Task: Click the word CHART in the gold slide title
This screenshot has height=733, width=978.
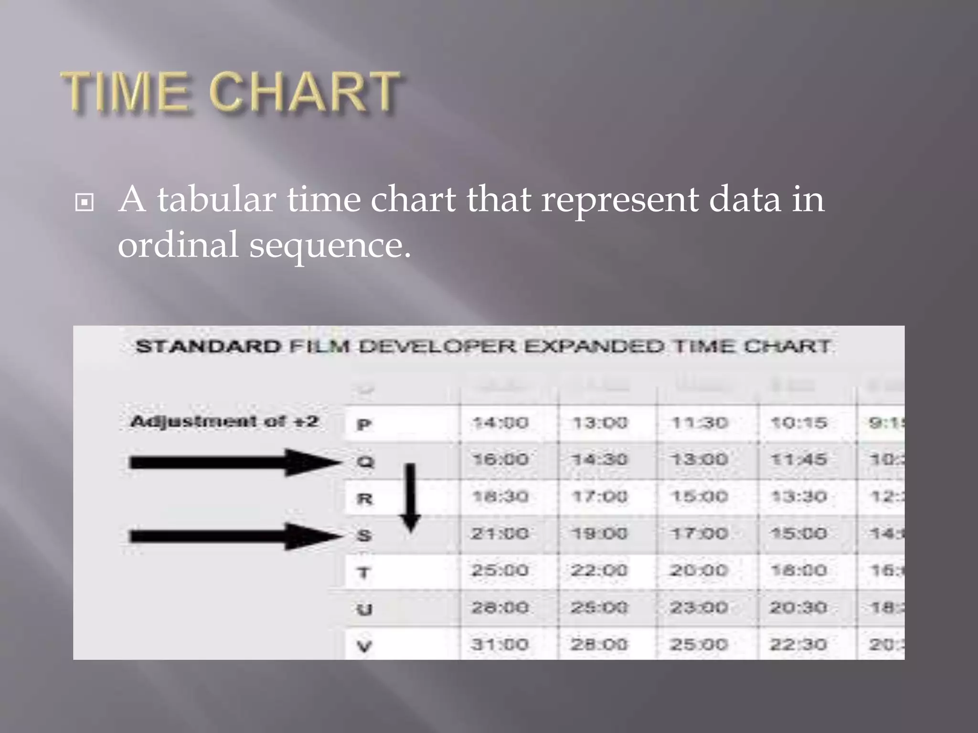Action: [x=304, y=92]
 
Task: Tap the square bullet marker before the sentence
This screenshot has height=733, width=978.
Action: [x=85, y=202]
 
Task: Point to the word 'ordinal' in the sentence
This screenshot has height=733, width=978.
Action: [x=178, y=245]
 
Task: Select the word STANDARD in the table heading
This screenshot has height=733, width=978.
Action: [x=208, y=346]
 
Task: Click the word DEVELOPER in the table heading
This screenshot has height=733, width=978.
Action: [x=437, y=346]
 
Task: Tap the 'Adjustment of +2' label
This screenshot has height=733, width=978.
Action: [x=224, y=422]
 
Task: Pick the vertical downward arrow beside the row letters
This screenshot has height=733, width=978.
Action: [x=410, y=497]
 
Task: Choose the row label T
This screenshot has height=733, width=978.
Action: [x=364, y=572]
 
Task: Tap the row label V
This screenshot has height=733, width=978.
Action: [x=364, y=647]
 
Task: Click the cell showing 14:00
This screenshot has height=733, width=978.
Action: [x=500, y=423]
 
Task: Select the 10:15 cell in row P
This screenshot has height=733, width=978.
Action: [x=798, y=423]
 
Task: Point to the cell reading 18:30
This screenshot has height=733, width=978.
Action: [x=500, y=497]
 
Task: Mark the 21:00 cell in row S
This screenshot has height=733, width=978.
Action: [x=500, y=534]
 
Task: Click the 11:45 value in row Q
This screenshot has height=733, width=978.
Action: [x=798, y=460]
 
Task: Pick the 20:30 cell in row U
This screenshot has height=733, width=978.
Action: [x=798, y=607]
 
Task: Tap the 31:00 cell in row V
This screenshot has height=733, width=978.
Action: [x=500, y=645]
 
